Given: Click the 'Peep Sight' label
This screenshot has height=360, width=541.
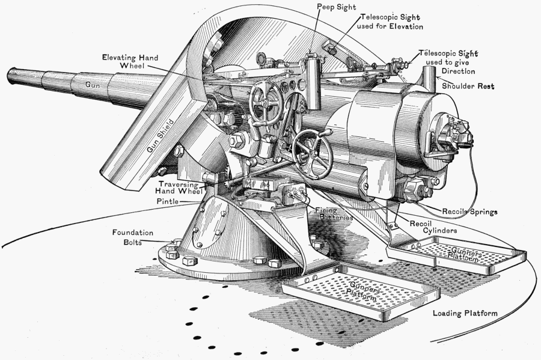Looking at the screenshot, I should click(x=336, y=7).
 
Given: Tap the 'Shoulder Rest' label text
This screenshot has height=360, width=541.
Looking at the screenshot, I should click(x=468, y=87).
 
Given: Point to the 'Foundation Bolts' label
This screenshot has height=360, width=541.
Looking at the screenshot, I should click(x=132, y=237).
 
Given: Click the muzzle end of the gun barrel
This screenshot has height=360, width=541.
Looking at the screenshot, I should click(x=11, y=76).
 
